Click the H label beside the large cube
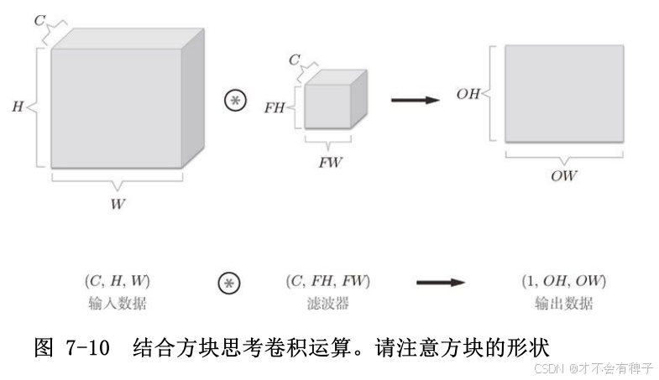pyautogui.click(x=18, y=107)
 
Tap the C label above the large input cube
pyautogui.click(x=39, y=19)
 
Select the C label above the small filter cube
pyautogui.click(x=294, y=60)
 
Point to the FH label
pyautogui.click(x=275, y=107)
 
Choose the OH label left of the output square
pyautogui.click(x=468, y=94)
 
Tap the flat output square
pyautogui.click(x=563, y=92)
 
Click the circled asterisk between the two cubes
pyautogui.click(x=236, y=100)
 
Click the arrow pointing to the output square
pyautogui.click(x=416, y=100)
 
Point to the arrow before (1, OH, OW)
pyautogui.click(x=440, y=282)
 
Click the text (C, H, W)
pyautogui.click(x=117, y=280)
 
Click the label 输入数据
pyautogui.click(x=117, y=302)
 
